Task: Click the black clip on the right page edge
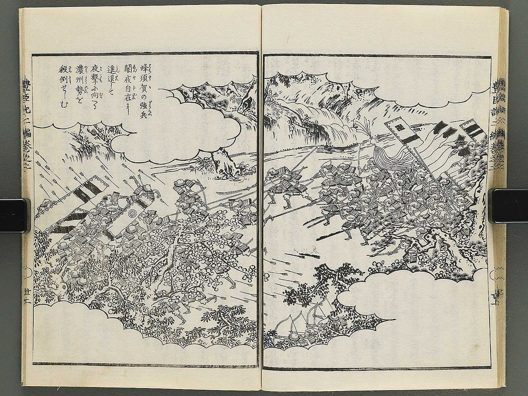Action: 508,205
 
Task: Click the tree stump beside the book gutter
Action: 222,164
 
